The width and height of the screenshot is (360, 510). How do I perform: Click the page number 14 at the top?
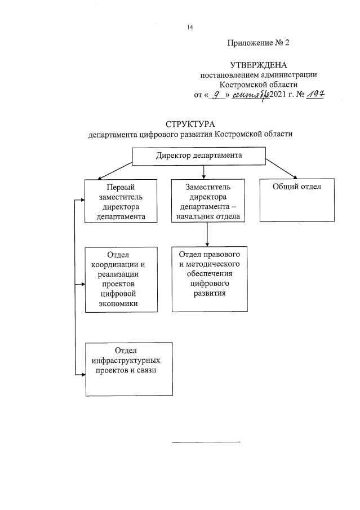pos(190,28)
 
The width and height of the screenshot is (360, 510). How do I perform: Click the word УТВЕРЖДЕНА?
pos(259,65)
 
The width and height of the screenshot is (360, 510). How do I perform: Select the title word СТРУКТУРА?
pos(190,124)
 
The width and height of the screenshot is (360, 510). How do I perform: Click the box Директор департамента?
pos(199,156)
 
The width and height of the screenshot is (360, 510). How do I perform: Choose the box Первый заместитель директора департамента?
pos(120,200)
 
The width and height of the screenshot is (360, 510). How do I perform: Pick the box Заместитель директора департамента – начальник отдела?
pos(208,200)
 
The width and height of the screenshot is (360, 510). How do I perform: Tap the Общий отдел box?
pos(297,200)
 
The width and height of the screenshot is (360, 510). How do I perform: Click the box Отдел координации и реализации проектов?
pos(120,279)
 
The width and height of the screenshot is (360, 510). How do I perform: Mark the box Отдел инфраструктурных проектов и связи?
pos(129,369)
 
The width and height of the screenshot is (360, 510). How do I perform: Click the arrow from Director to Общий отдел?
pos(282,168)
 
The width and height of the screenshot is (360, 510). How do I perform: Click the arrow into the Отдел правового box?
pos(208,234)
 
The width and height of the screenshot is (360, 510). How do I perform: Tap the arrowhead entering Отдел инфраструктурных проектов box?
pos(81,373)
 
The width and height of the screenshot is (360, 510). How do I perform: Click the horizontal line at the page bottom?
pos(206,442)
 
